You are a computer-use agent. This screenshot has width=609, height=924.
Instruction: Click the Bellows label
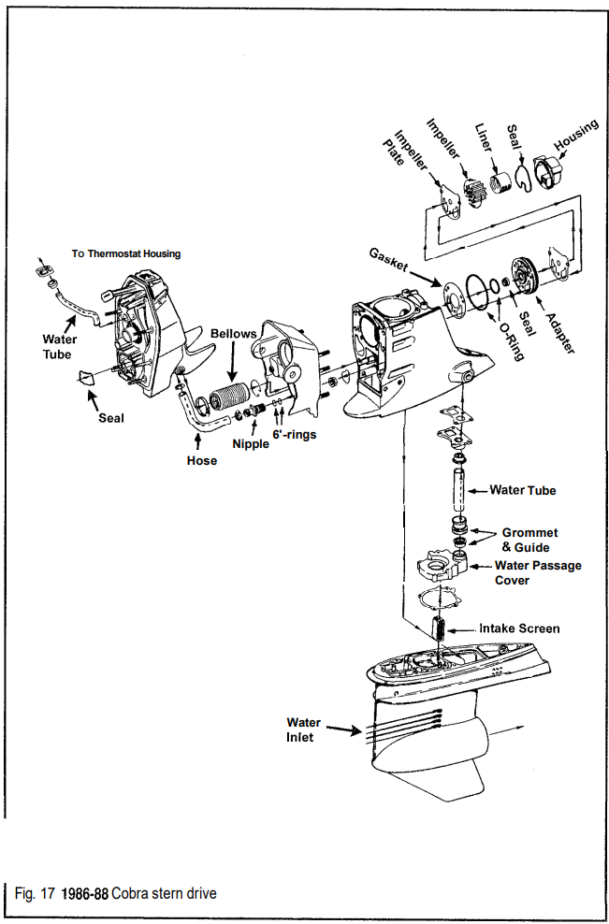pyautogui.click(x=234, y=334)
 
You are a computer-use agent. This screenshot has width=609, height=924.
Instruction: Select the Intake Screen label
pyautogui.click(x=519, y=628)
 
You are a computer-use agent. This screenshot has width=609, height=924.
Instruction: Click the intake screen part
pyautogui.click(x=441, y=628)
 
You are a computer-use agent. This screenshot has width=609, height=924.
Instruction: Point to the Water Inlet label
pyautogui.click(x=304, y=729)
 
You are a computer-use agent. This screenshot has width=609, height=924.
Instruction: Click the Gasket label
pyautogui.click(x=388, y=260)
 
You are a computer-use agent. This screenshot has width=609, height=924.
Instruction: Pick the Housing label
pyautogui.click(x=577, y=135)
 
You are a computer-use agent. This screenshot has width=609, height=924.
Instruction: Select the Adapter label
pyautogui.click(x=559, y=332)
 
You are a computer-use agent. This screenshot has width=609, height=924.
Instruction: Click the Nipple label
pyautogui.click(x=251, y=443)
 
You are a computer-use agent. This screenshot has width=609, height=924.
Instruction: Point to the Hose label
pyautogui.click(x=202, y=461)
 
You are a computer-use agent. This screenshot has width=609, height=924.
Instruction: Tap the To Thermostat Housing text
pyautogui.click(x=126, y=254)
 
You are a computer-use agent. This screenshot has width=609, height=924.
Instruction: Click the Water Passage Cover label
pyautogui.click(x=538, y=572)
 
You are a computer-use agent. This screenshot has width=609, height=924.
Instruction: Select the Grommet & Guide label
pyautogui.click(x=529, y=540)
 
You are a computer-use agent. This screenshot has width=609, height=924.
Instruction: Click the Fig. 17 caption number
pyautogui.click(x=35, y=893)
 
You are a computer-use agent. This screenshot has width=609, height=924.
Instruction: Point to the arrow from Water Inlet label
pyautogui.click(x=343, y=730)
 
